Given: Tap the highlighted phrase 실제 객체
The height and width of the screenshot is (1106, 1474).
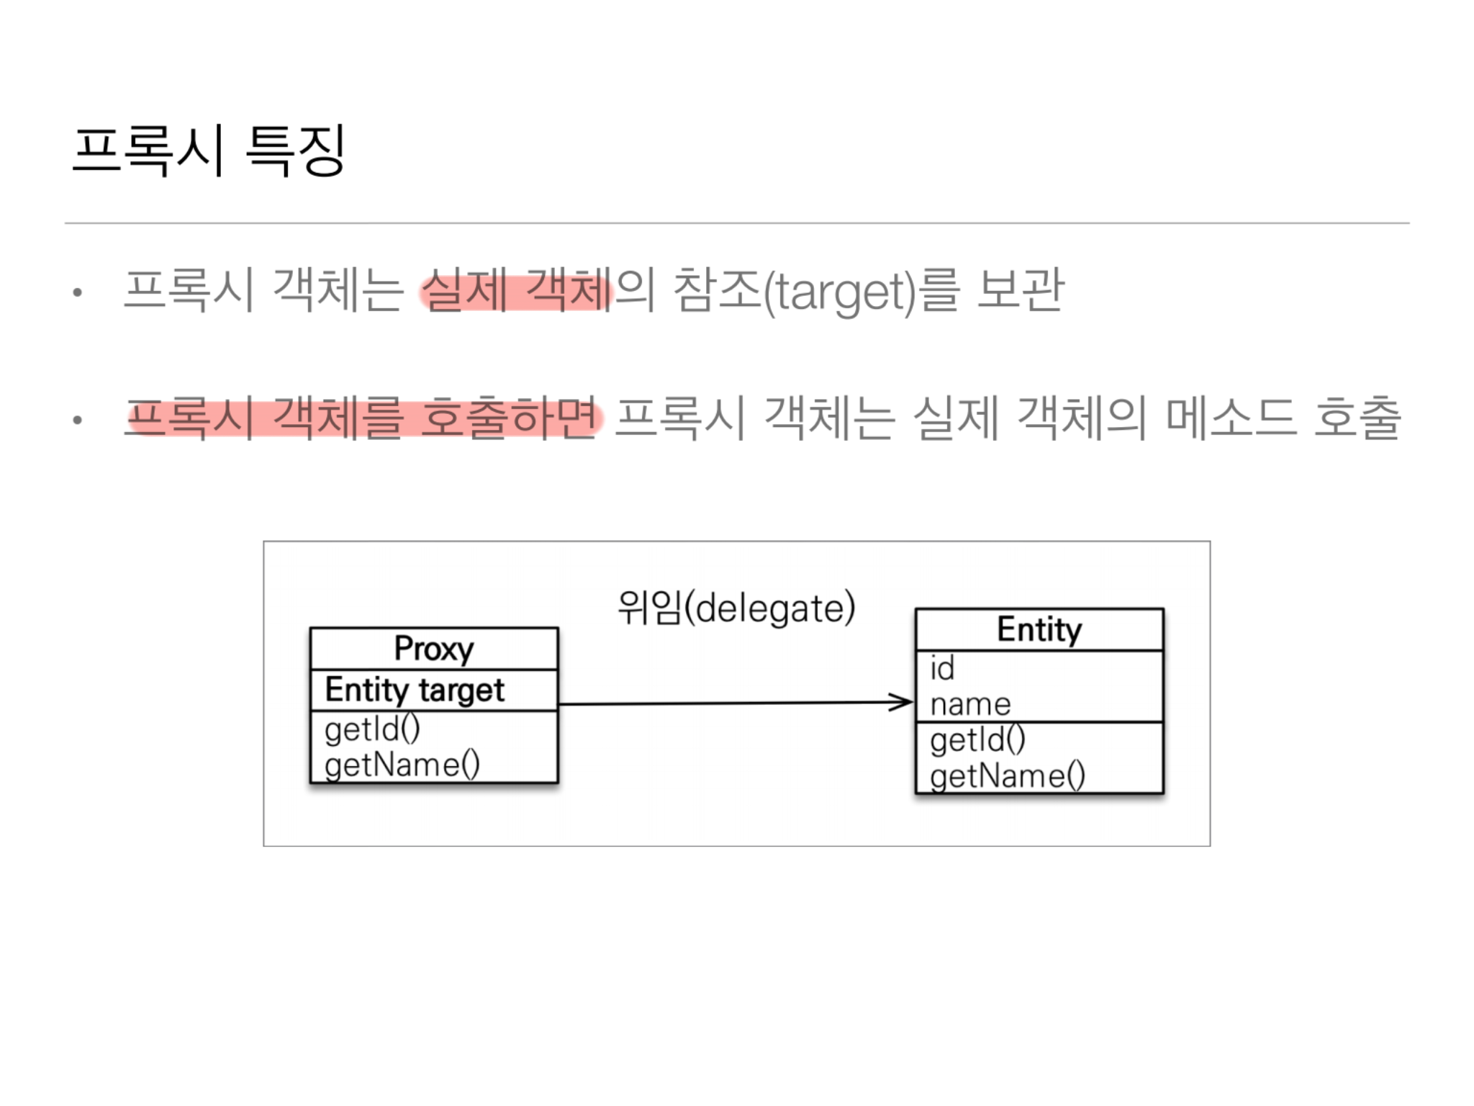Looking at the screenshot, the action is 516,290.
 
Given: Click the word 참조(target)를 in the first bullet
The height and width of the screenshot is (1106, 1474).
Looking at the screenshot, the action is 816,290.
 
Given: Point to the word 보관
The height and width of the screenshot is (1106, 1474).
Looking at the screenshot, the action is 1020,290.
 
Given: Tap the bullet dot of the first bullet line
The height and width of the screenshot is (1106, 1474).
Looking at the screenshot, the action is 78,293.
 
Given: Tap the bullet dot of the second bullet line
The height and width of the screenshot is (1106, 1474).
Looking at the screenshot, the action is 78,421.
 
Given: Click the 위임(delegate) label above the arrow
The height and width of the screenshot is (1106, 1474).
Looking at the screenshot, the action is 736,608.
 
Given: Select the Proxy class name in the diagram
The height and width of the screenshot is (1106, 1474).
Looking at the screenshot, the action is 434,649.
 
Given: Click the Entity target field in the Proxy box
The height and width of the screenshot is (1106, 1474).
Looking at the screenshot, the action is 415,690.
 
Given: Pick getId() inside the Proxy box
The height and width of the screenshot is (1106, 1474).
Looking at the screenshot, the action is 372,729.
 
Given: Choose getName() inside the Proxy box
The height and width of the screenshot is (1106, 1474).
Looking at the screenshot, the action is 402,765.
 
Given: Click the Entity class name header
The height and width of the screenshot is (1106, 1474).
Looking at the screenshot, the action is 1039,630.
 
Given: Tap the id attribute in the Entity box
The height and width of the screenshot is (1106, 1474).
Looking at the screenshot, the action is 942,668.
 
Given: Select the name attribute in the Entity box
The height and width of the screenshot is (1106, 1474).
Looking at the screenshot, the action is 970,704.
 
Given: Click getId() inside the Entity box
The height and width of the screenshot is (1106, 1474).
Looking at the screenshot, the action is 977,740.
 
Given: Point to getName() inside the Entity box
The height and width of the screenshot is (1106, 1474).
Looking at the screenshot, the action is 1007,776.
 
